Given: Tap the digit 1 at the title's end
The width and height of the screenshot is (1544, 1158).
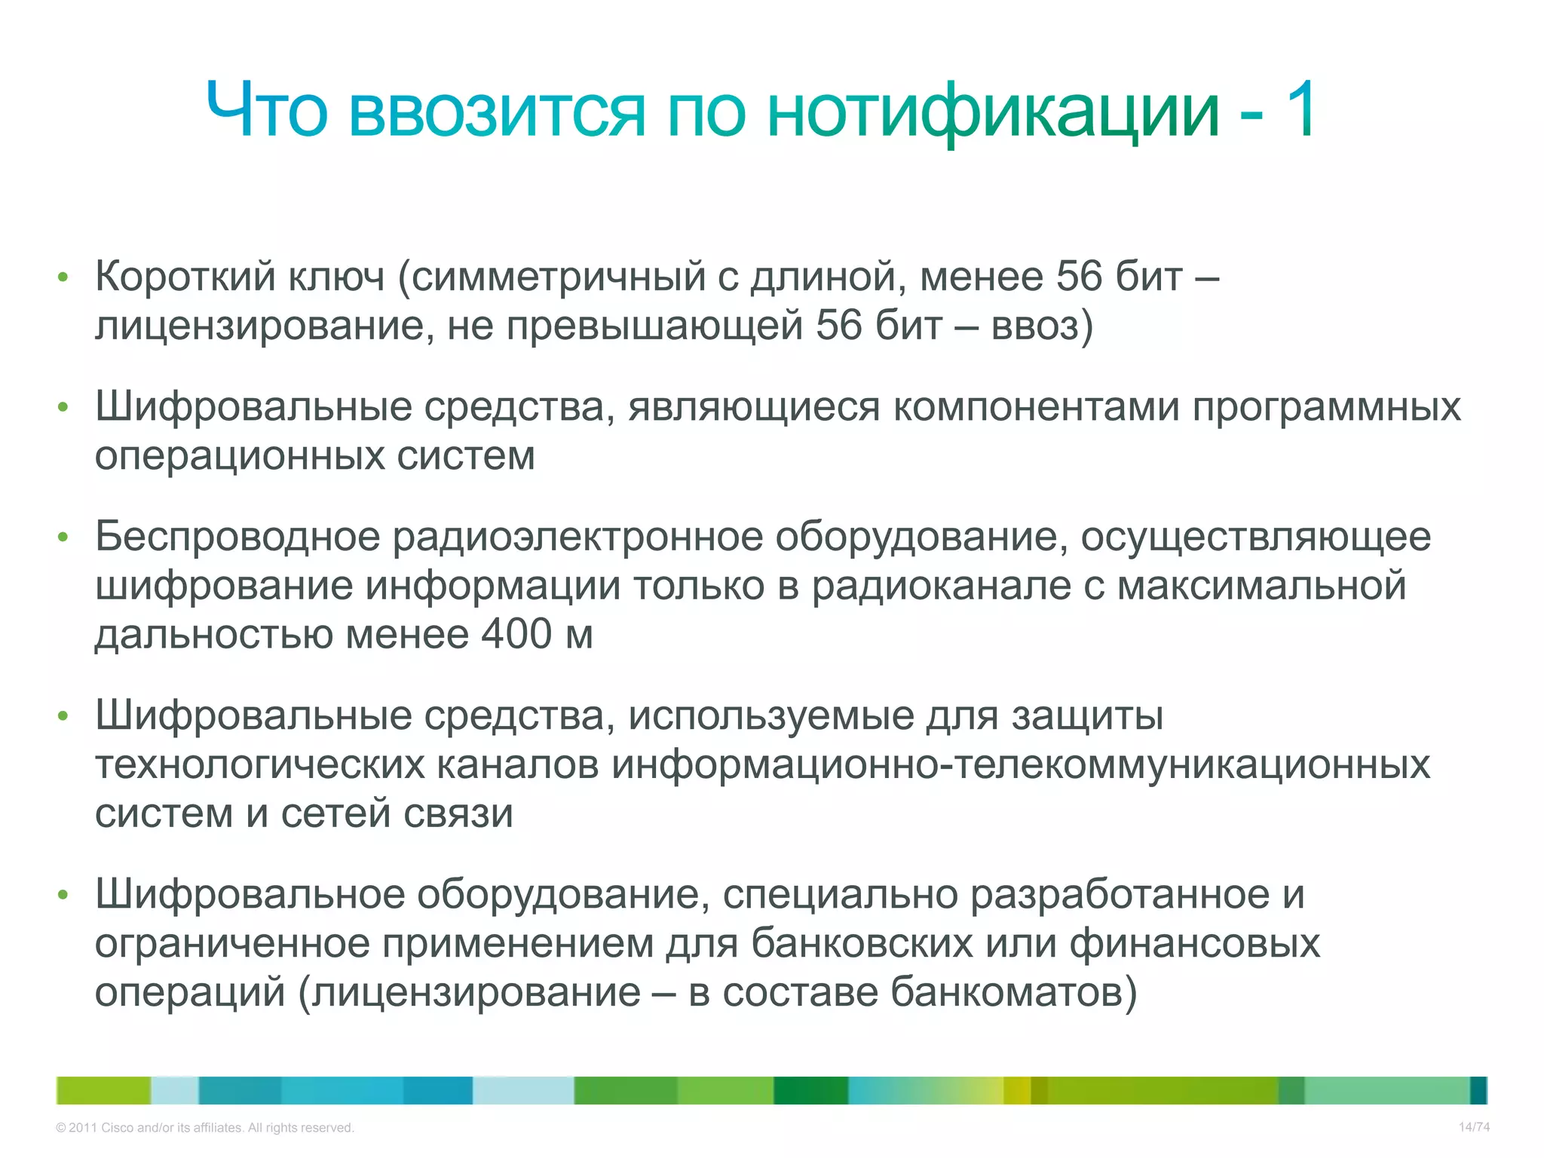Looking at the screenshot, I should coord(1298,112).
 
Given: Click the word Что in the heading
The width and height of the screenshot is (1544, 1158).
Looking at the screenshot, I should coord(268,112).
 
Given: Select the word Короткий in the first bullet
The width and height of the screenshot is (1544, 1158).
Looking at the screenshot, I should coord(185,277).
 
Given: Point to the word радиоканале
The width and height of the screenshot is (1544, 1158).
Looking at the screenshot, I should coord(941,586).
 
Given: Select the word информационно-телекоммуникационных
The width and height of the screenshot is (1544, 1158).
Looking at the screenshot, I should coord(1021,764).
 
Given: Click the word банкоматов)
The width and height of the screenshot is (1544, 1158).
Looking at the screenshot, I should coord(1013,992).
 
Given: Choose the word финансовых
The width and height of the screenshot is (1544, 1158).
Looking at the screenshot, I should coord(1194,943).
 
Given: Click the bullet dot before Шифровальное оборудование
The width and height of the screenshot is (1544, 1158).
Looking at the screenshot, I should coord(63,895).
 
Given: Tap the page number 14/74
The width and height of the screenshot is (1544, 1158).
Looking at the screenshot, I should coord(1474,1127).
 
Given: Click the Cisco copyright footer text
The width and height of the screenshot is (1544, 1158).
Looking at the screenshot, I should coord(204,1128).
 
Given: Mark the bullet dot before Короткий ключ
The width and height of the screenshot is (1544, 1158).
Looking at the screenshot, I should coord(63,277).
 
